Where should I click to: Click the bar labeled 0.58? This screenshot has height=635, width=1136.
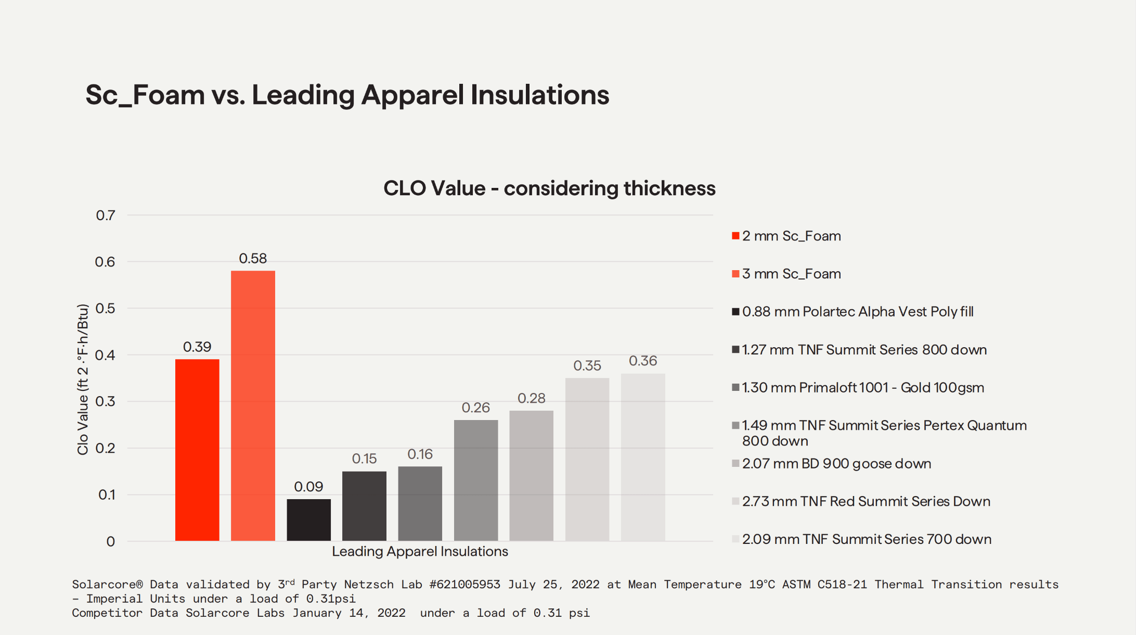point(253,405)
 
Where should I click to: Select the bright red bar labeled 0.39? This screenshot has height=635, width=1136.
point(197,450)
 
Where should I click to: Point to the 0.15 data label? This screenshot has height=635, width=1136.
point(364,459)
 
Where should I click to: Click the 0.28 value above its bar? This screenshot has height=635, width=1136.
point(531,398)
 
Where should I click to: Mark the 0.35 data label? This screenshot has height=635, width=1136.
point(587,365)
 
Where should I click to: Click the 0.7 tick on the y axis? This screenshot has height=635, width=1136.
point(106,215)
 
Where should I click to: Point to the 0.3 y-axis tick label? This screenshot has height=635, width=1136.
point(106,401)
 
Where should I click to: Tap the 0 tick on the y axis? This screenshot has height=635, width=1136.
point(110,542)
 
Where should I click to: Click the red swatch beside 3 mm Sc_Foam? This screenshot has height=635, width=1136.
point(735,274)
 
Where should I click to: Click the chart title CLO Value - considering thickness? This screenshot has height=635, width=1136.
point(549,188)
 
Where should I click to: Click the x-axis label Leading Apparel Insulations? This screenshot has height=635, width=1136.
point(420,551)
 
